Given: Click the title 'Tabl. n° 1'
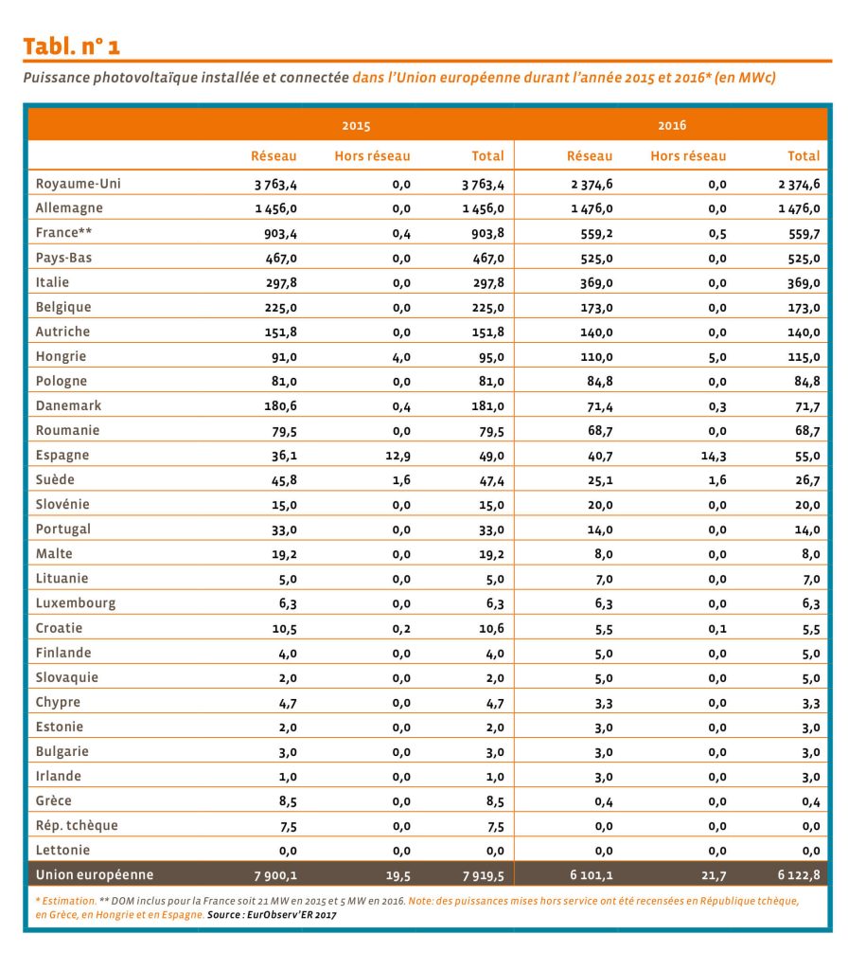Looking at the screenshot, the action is pos(71,46).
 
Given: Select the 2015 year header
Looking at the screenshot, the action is pos(356,126).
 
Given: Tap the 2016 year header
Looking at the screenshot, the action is pos(672,125).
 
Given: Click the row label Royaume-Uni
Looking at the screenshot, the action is pos(78,184).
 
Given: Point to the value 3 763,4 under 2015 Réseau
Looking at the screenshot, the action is pos(275,185).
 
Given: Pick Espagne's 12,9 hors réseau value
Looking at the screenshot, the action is pos(398,456).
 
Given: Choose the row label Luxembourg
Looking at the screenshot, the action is pos(76,603).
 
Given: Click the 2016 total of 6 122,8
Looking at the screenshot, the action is pos(799,874).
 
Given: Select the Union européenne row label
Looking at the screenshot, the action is pos(95,874).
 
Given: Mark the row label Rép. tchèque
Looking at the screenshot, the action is pos(77,825).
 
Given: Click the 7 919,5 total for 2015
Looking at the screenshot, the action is pos(484,875).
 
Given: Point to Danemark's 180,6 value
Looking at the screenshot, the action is pos(281,405).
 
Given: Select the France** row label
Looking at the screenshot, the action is pos(63,233).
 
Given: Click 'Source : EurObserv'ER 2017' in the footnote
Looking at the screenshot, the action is pos(272,914).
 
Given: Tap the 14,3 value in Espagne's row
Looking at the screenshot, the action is pos(714,456).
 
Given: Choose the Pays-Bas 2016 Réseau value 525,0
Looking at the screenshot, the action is pos(596,259).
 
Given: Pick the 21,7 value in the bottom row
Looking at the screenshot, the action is pos(714,875).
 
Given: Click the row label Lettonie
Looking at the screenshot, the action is pos(62,850).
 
